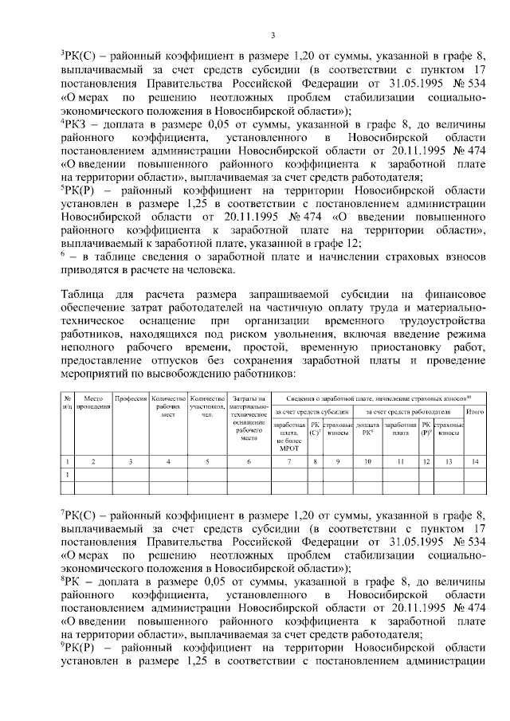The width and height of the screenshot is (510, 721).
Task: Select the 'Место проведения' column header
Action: (x=93, y=402)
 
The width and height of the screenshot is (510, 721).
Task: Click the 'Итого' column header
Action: (x=475, y=412)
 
